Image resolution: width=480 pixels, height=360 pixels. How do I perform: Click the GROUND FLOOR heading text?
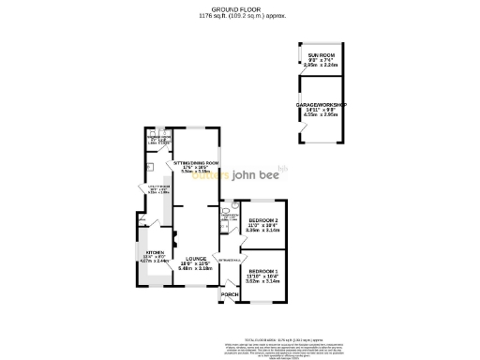[240, 9]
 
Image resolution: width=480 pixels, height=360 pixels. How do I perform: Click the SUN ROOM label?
[322, 55]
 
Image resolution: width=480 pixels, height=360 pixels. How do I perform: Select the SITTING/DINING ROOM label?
[196, 162]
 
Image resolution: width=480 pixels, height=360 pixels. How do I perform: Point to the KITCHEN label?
[154, 252]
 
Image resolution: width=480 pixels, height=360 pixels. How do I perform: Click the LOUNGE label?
[196, 258]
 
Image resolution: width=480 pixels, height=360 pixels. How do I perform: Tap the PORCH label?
[228, 293]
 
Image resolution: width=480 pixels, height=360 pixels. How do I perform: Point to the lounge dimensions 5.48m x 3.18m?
[197, 269]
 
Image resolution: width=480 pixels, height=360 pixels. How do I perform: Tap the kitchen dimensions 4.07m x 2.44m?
[154, 262]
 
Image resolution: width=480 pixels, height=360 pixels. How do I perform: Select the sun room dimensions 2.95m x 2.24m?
[322, 67]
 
